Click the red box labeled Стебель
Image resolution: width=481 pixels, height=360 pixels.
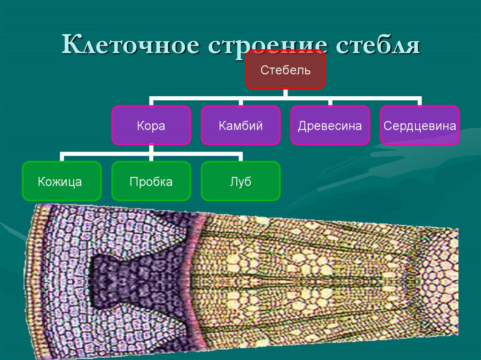[x=285, y=69]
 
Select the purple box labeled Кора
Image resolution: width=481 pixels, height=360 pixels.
[x=151, y=125]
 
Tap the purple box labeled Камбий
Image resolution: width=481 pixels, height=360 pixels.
[x=240, y=125]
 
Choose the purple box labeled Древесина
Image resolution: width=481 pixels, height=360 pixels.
[x=330, y=125]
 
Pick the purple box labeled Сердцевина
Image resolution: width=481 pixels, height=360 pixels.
[x=419, y=125]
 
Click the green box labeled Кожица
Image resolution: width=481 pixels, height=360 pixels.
[x=61, y=181]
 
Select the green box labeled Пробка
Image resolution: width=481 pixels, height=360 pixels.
[x=151, y=181]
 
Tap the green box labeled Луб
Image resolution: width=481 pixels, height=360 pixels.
[x=240, y=181]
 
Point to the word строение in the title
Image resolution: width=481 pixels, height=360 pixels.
[x=272, y=46]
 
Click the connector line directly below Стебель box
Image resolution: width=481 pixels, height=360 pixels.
[x=285, y=93]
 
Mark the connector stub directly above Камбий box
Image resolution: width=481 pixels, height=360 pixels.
[x=240, y=102]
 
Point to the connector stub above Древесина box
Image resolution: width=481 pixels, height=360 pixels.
[x=330, y=102]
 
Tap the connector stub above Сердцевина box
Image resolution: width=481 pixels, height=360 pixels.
[x=419, y=102]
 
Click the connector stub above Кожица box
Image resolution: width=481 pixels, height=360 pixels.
[x=61, y=157]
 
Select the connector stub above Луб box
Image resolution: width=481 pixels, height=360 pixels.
[x=240, y=157]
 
